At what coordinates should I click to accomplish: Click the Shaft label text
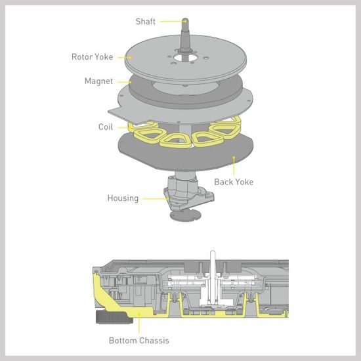click(146, 22)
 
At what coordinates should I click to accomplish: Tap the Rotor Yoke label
click(92, 57)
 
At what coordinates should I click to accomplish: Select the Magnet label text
click(98, 81)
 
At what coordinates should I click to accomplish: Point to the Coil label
click(106, 127)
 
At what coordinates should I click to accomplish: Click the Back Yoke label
click(234, 182)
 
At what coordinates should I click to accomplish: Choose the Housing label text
click(123, 198)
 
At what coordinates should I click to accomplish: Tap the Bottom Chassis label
click(139, 341)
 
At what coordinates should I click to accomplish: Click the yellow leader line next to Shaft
click(173, 22)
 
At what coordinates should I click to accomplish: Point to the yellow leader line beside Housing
click(155, 198)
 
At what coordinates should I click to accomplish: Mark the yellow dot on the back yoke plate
click(234, 158)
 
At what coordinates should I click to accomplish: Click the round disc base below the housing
click(185, 216)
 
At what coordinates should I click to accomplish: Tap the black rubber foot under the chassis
click(114, 317)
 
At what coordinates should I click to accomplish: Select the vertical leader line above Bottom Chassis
click(139, 323)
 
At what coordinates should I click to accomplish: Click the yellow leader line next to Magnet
click(124, 82)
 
